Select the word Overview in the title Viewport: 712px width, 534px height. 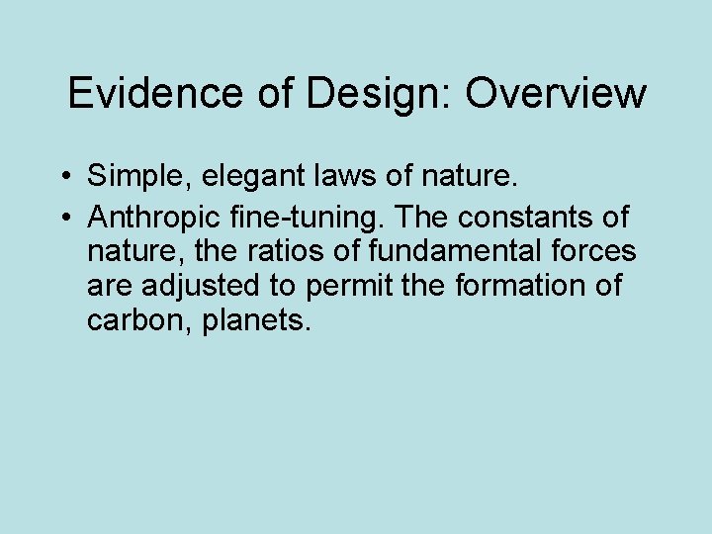[x=556, y=94]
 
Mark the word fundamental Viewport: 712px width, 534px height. [x=445, y=250]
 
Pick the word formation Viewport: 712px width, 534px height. [x=521, y=286]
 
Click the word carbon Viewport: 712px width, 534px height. [x=137, y=321]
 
